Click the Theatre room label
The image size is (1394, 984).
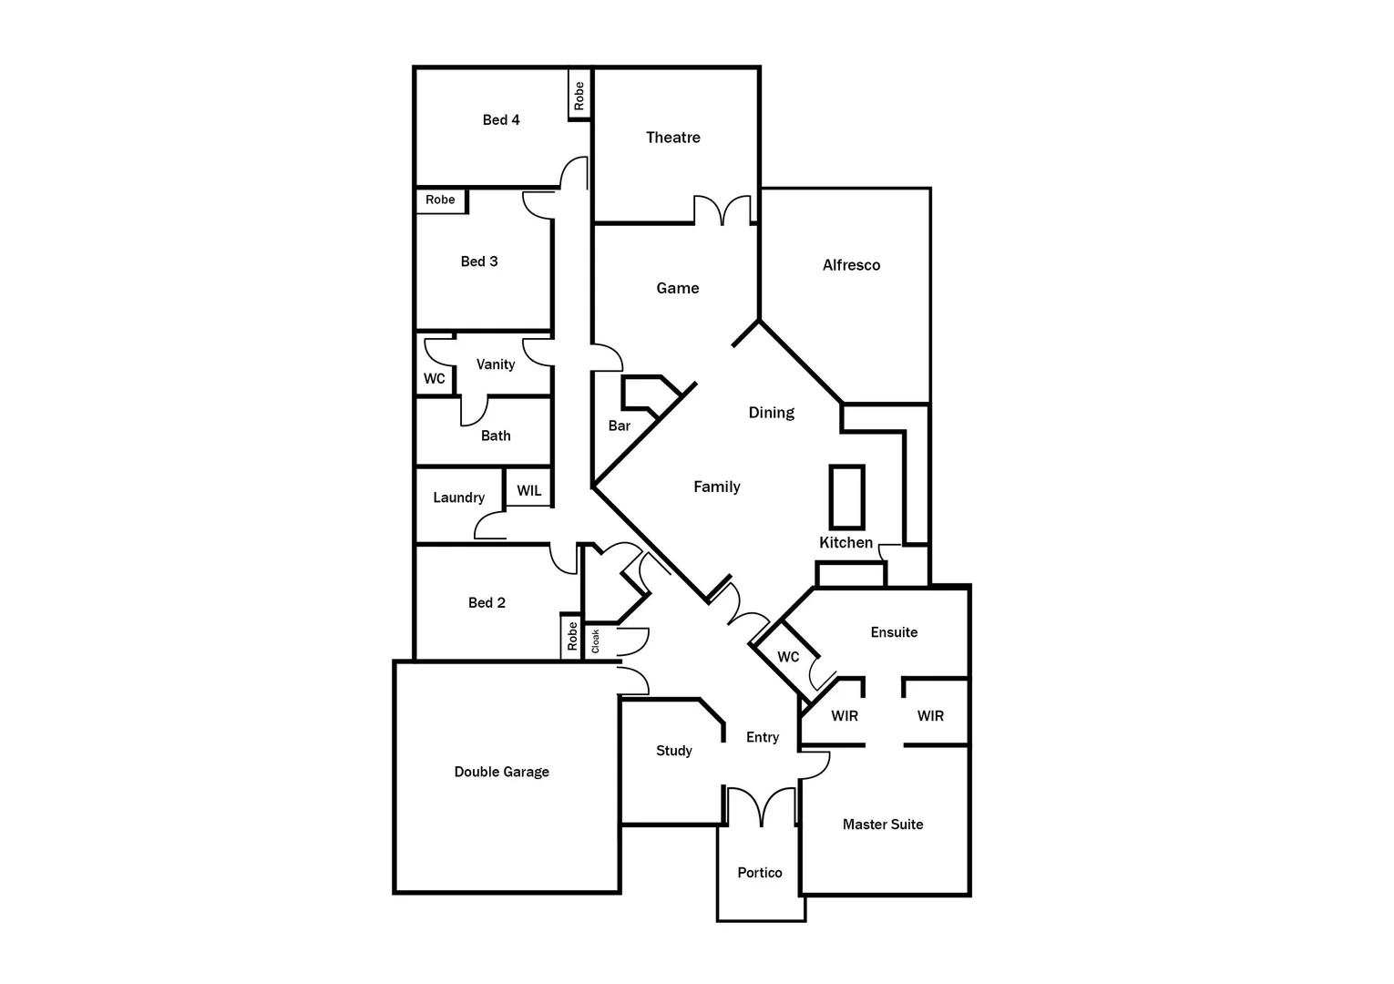point(673,138)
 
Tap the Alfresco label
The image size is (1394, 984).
point(851,265)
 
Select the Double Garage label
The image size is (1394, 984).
point(501,772)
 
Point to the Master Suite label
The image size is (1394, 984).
point(882,825)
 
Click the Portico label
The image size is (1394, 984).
point(760,873)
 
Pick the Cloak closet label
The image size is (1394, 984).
point(596,641)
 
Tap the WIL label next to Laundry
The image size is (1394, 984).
point(528,491)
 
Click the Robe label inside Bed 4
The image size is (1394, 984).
point(579,96)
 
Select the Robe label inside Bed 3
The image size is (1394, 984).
point(440,200)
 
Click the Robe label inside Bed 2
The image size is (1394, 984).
point(572,635)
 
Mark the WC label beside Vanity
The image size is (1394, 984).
point(435,378)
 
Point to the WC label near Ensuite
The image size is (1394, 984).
point(788,657)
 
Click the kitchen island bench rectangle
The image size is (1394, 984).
point(846,497)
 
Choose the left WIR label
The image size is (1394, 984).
point(845,716)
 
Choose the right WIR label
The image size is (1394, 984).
point(930,716)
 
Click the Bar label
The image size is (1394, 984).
point(620,425)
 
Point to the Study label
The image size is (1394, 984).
point(674,751)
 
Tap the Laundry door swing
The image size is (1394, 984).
point(490,526)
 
